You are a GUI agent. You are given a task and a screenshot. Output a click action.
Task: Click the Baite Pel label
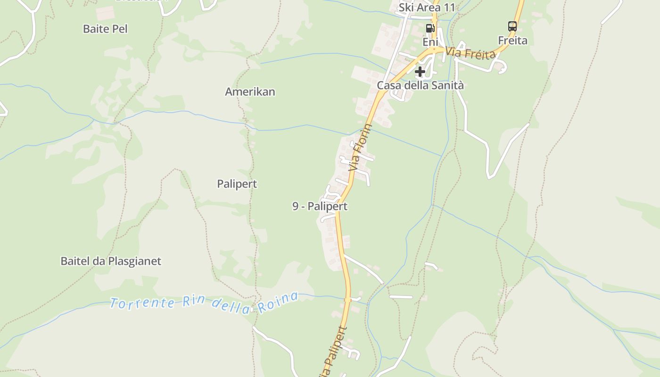tap(105, 29)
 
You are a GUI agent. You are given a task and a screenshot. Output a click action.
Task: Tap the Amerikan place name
tap(250, 91)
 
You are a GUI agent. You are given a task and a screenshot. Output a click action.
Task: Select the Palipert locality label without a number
tap(237, 184)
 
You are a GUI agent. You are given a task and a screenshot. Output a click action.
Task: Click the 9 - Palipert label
tap(320, 206)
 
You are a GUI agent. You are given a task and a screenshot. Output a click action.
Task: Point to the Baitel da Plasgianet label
tap(111, 261)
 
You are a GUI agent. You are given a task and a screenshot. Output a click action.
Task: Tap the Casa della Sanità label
tap(420, 85)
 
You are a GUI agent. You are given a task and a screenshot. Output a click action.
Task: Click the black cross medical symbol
tap(420, 72)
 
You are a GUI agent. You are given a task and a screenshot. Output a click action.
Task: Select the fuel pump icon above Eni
tap(430, 28)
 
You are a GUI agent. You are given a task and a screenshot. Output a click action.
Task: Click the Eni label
tap(430, 42)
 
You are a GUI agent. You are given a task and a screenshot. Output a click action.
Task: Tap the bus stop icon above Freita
tap(512, 26)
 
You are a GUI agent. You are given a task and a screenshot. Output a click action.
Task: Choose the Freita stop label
tap(512, 41)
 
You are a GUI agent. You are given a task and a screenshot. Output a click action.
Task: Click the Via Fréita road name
tap(470, 53)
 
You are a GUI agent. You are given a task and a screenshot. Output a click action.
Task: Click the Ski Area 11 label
tap(427, 8)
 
